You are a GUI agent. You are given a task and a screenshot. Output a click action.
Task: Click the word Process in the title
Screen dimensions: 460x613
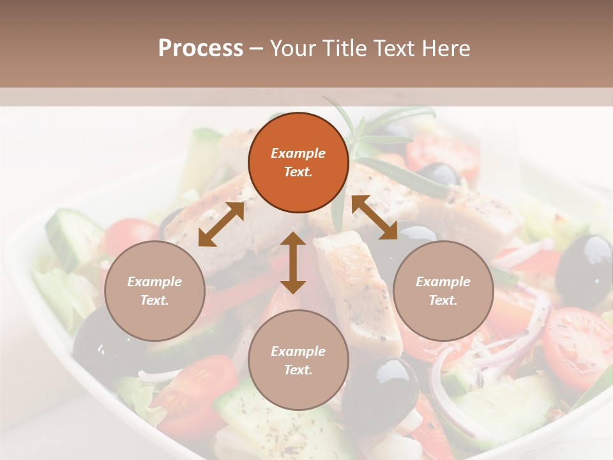201,49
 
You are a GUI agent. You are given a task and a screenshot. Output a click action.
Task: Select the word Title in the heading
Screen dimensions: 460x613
346,49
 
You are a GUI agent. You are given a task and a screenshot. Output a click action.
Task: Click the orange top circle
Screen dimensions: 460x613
298,162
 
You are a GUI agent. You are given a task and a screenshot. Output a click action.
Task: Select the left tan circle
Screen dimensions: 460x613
155,291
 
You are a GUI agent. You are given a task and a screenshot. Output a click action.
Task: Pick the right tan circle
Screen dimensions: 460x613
443,291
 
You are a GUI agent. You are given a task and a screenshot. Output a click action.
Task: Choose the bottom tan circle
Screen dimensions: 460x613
298,360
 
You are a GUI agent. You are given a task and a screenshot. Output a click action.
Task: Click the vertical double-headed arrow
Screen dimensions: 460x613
293,263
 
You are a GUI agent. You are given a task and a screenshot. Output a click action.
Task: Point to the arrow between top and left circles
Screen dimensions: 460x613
221,224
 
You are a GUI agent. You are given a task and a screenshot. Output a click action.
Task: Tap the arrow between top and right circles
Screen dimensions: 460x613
374,217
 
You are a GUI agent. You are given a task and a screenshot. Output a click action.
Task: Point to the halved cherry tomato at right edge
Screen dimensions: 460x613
578,345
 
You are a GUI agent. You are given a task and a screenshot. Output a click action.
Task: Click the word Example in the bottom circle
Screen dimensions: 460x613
298,351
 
